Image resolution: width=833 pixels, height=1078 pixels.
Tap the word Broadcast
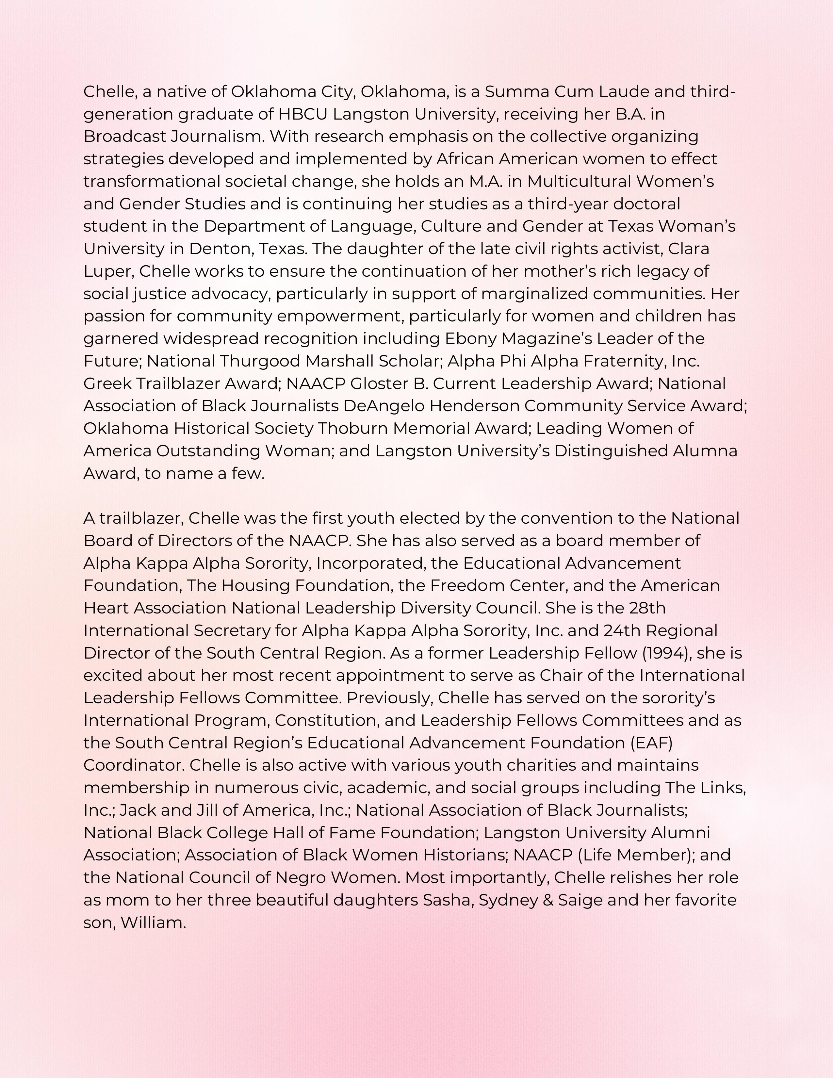point(125,137)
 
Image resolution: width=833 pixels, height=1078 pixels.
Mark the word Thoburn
point(352,429)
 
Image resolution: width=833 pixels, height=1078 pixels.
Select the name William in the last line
point(153,923)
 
